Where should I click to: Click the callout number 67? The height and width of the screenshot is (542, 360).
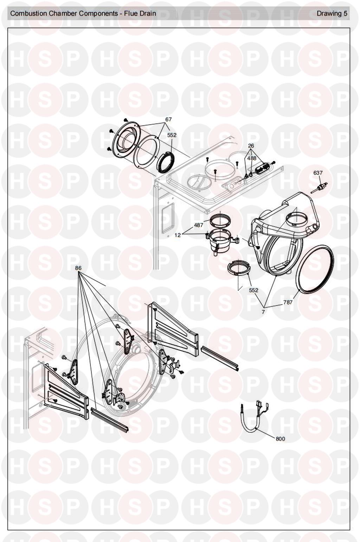(168, 119)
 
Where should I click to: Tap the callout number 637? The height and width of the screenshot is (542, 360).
(318, 173)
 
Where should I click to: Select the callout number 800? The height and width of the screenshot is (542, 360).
(280, 439)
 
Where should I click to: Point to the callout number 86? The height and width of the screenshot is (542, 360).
(78, 268)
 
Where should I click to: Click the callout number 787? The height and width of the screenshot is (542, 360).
(288, 302)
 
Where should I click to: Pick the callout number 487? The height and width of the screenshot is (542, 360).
(199, 225)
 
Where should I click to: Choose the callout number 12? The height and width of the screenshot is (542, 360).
(178, 235)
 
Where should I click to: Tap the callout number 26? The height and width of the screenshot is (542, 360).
(251, 146)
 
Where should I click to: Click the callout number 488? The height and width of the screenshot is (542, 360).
(251, 158)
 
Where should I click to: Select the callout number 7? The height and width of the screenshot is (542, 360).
(263, 312)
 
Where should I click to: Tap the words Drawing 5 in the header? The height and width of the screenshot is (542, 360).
(332, 14)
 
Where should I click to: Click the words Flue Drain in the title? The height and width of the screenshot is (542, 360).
(140, 14)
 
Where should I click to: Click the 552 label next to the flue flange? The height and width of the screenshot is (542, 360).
(172, 135)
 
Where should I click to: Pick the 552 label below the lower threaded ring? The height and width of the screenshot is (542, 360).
(254, 290)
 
